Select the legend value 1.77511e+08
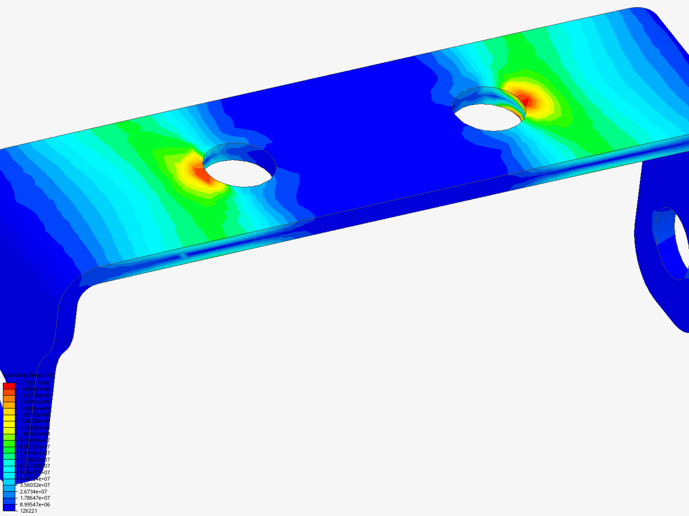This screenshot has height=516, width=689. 34,383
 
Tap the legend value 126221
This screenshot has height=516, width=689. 29,511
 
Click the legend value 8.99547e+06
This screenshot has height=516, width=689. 34,505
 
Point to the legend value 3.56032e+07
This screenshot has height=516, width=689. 34,485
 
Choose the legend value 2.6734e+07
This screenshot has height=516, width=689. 33,492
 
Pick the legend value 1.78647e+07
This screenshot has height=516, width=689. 34,498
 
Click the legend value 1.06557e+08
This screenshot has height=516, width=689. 34,434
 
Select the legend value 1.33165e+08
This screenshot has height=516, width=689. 34,415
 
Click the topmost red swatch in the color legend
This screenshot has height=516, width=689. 9,386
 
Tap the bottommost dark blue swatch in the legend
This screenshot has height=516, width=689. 9,507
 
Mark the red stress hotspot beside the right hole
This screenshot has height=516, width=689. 525,101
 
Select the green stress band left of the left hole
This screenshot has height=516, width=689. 144,162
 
